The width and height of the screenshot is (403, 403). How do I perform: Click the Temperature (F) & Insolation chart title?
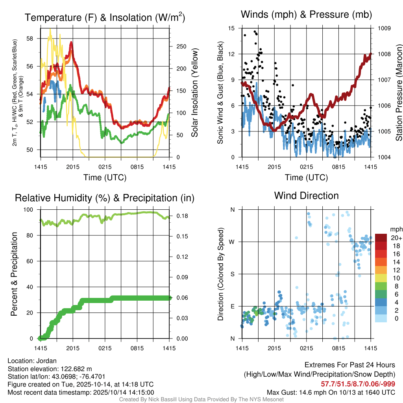105,17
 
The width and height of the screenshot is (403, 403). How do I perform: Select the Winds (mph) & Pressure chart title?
306,15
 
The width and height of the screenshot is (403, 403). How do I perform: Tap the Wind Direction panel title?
306,195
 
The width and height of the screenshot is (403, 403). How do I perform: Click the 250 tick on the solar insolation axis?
179,46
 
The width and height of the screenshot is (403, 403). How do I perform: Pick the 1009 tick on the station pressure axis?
384,28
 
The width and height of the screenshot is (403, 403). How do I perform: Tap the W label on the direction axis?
232,242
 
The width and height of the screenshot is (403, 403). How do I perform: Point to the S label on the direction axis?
233,274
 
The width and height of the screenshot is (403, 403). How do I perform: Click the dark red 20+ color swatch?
381,238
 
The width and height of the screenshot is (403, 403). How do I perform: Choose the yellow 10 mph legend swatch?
381,278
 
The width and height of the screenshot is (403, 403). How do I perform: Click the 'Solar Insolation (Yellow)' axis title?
194,93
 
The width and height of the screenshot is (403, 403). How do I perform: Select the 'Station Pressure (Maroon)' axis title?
398,93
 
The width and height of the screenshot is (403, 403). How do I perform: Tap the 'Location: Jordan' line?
32,361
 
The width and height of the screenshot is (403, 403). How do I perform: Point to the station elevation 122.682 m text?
50,369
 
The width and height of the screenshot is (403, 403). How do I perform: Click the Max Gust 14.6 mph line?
331,392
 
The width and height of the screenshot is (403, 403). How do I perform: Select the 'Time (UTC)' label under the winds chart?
306,177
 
